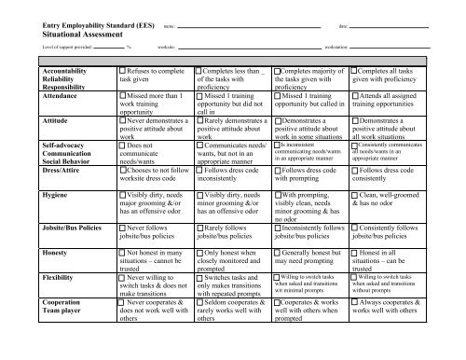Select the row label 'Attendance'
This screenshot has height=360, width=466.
[x=53, y=95]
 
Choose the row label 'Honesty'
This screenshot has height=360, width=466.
[x=46, y=253]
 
